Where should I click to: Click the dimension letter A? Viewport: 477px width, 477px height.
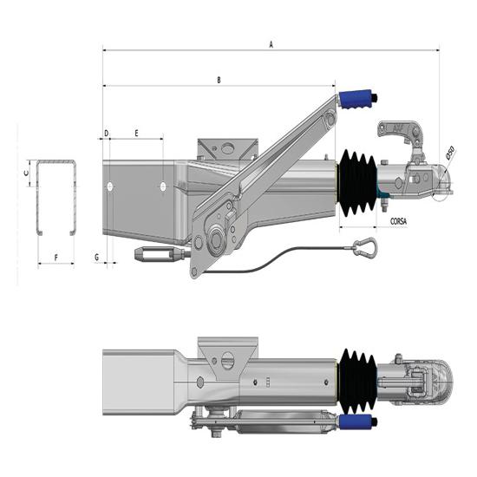(x=271, y=42)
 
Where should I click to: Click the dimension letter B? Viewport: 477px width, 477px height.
(x=219, y=81)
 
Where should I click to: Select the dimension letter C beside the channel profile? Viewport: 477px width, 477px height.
(x=26, y=173)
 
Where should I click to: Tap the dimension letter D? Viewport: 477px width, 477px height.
(x=107, y=133)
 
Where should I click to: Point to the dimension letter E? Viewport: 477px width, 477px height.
(x=137, y=133)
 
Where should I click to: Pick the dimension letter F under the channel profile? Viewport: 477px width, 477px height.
(x=56, y=257)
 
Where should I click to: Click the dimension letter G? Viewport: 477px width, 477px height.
(x=96, y=257)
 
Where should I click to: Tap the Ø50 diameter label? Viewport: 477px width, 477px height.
(x=450, y=153)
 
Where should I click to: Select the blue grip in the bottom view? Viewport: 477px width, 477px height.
(x=356, y=421)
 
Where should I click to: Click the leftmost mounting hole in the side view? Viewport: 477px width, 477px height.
(x=111, y=186)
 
